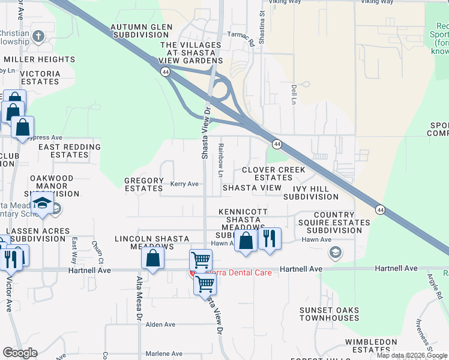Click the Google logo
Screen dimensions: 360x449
click(20, 353)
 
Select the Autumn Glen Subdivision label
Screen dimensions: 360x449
click(141, 31)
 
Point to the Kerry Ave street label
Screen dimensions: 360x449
click(184, 184)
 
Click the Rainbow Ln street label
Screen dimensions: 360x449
click(221, 160)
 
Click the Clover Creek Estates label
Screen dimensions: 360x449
click(273, 174)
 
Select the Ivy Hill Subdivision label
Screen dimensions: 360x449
click(311, 192)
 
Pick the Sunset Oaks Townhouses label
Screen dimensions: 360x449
click(330, 314)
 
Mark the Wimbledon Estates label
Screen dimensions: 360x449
click(370, 346)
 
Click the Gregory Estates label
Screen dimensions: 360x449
click(144, 184)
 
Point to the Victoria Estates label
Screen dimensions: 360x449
click(40, 77)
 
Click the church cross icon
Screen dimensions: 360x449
click(38, 36)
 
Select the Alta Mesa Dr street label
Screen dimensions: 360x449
click(139, 305)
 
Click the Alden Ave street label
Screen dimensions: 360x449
click(160, 325)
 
